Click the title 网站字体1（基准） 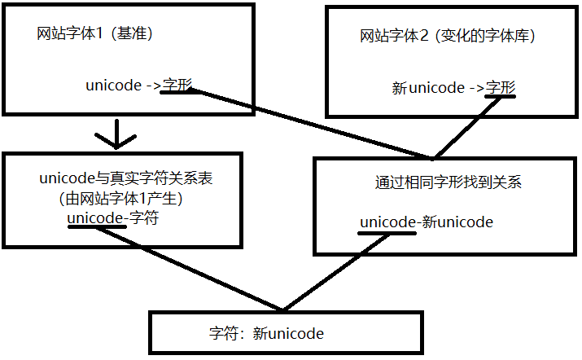pos(94,33)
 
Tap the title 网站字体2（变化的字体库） pos(447,36)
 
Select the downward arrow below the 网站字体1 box pos(116,134)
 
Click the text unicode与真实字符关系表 pos(126,178)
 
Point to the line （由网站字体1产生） pos(120,199)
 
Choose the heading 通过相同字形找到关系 pos(449,182)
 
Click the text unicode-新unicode pos(427,222)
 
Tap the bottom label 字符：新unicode pos(266,333)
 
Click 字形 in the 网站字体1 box pos(177,85)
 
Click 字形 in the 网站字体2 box pos(501,88)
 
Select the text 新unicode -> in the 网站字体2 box pos(438,88)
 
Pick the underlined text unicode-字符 pos(113,217)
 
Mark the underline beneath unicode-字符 pos(97,226)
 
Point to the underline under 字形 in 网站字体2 pos(500,96)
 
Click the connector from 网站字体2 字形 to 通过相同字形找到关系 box pos(466,127)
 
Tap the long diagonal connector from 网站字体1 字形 pos(312,124)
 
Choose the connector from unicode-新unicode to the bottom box pos(335,272)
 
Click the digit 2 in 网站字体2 pos(424,36)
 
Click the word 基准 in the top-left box pos(132,33)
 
